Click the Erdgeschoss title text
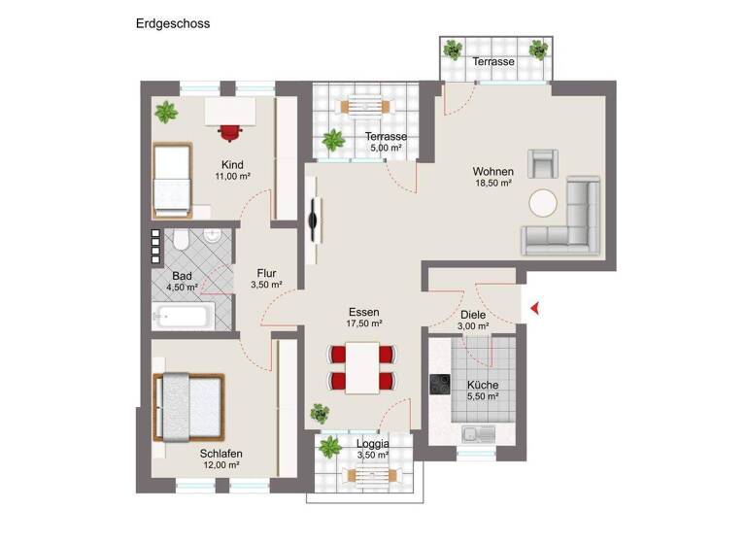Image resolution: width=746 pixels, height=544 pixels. tap(172, 22)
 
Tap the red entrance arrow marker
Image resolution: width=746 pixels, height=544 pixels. tap(534, 309)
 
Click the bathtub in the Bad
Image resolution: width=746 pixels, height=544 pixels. tap(182, 316)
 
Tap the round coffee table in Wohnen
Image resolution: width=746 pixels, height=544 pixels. tap(543, 203)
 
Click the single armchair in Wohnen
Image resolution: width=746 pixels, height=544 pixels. tap(544, 163)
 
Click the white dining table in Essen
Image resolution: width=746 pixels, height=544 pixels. tap(363, 368)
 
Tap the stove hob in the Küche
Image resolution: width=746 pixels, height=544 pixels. tap(440, 386)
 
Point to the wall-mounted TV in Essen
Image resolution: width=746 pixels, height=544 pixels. tap(313, 220)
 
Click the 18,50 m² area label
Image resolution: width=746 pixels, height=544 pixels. tap(492, 183)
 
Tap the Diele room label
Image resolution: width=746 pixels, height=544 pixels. tap(473, 315)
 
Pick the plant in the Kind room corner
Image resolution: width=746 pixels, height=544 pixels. tap(166, 112)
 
